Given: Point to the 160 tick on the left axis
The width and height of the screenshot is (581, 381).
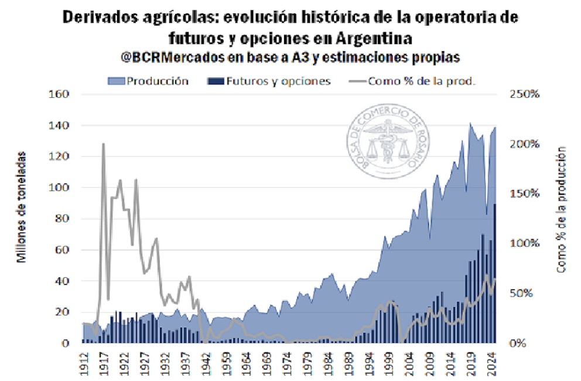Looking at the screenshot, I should click(61, 94).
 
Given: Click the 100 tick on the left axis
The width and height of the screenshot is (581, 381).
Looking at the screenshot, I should click(61, 188).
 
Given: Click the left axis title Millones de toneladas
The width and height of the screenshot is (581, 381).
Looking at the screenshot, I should click(22, 206).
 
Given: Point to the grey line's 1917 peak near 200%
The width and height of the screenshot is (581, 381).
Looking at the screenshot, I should click(103, 144).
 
